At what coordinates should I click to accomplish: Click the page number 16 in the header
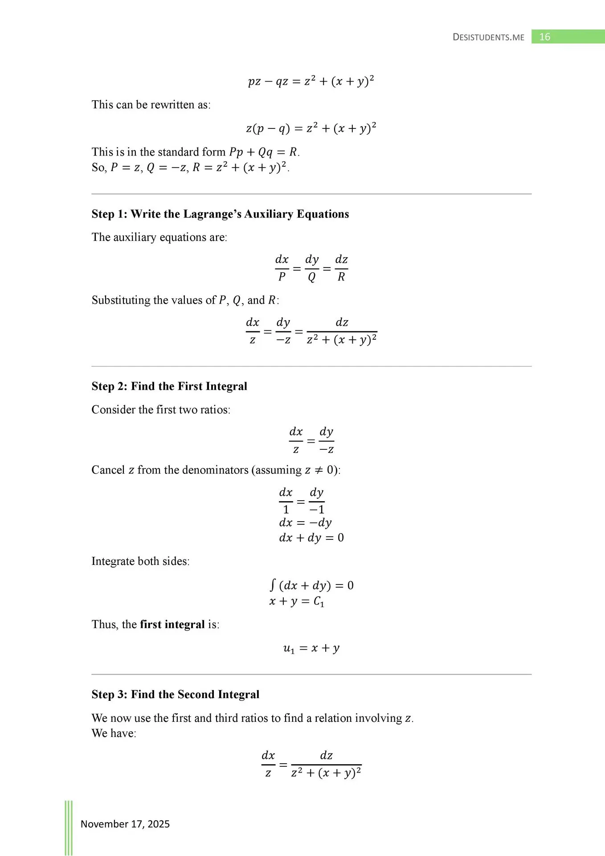544,37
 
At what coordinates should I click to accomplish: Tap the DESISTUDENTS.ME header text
488,37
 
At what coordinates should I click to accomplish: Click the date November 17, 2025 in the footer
125,824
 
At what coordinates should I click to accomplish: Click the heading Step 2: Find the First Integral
169,386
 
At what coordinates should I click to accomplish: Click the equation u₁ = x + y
311,648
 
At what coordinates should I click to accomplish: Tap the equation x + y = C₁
297,601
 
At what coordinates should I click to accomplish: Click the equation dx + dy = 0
311,538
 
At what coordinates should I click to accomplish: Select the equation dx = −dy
305,523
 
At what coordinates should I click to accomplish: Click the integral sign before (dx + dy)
273,584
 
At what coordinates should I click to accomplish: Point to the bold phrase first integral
172,624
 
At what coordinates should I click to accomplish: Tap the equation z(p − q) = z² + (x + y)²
311,128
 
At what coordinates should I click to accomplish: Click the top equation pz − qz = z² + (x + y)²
311,81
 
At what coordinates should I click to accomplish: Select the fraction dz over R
341,268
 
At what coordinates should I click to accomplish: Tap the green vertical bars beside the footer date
69,827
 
